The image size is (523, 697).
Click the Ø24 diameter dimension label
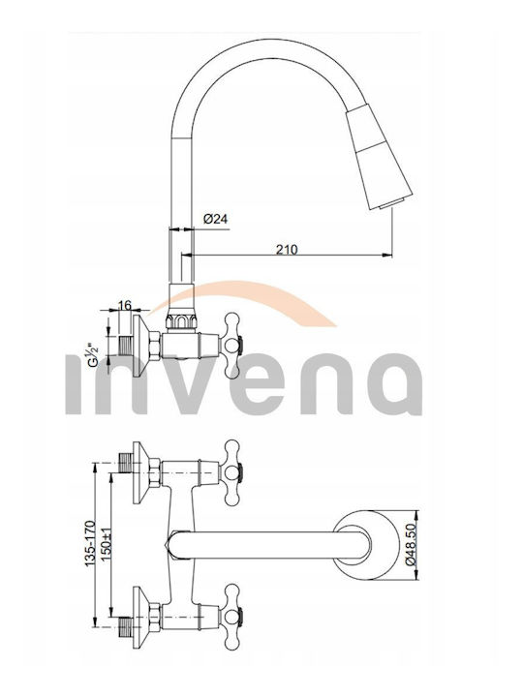[216, 219]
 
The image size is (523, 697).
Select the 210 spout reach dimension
[287, 250]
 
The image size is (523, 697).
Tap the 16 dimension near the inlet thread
[125, 305]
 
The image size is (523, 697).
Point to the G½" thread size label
[94, 354]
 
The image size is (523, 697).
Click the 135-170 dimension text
[90, 543]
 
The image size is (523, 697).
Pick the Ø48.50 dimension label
[411, 545]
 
